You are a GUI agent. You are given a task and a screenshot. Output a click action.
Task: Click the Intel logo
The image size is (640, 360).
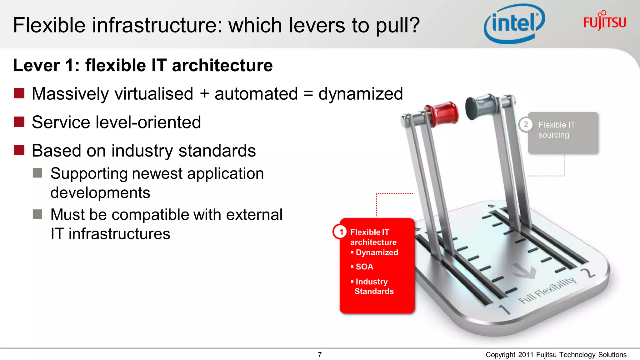(x=514, y=24)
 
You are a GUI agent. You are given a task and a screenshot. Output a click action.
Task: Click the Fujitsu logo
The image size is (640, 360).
(x=604, y=21)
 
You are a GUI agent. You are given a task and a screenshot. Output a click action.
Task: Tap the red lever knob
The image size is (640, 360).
(x=443, y=114)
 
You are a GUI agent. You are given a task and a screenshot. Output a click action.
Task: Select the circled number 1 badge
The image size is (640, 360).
(x=341, y=232)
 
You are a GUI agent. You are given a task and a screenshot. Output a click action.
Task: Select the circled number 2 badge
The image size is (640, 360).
(x=526, y=124)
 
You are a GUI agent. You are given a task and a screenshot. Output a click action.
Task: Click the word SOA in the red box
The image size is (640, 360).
(x=364, y=267)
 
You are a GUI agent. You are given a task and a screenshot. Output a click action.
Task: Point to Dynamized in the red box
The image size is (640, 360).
(x=377, y=252)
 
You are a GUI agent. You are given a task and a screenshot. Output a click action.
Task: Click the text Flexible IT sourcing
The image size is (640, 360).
(x=556, y=130)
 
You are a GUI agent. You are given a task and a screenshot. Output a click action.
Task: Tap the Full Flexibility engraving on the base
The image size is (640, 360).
(x=547, y=290)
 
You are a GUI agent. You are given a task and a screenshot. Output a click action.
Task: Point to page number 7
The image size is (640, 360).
(x=320, y=355)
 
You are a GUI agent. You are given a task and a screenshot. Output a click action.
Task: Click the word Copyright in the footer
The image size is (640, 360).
(x=500, y=355)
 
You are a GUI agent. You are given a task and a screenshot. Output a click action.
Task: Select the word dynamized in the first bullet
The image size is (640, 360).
(x=360, y=94)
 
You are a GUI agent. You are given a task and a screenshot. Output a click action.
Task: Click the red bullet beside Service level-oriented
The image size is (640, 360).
(x=19, y=122)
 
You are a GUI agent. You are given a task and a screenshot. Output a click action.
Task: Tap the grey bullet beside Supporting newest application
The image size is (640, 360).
(x=37, y=173)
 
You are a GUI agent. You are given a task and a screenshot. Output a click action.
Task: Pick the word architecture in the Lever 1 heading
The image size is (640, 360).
(x=222, y=65)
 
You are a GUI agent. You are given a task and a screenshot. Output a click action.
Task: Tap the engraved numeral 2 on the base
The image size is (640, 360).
(x=589, y=272)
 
